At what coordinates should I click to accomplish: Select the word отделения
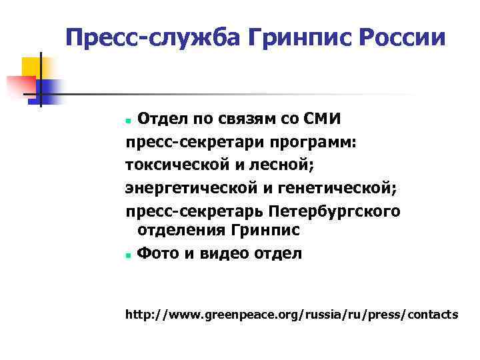click(181, 231)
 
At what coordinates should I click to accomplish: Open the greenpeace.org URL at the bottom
click(292, 314)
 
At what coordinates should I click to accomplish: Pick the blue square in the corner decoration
click(49, 90)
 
